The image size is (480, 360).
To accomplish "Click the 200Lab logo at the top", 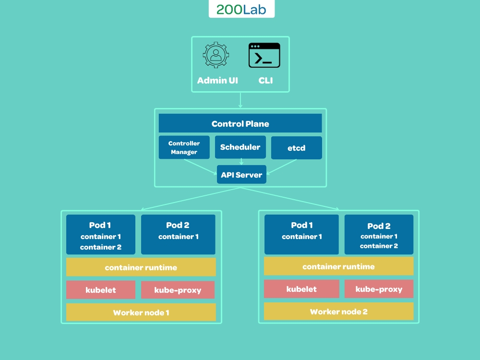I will [241, 10].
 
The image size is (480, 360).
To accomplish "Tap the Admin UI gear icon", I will [216, 55].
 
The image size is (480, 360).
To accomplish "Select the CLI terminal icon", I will [264, 56].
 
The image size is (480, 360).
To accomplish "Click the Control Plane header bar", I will [240, 123].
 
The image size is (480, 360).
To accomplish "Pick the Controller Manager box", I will [184, 147].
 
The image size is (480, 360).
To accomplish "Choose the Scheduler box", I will [240, 147].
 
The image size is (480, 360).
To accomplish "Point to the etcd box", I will [296, 148].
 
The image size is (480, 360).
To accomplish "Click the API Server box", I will [241, 175].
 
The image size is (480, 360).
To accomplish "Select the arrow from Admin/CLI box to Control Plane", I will [240, 100].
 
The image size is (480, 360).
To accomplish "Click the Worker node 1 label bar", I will [141, 312].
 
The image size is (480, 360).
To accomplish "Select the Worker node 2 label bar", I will [338, 312].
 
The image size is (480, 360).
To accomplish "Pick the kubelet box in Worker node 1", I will [101, 290].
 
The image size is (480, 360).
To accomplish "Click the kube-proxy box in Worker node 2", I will [379, 289].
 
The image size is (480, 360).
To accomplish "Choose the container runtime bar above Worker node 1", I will [141, 267].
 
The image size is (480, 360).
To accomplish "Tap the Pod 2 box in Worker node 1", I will [178, 234].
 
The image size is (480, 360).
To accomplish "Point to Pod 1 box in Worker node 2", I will [301, 234].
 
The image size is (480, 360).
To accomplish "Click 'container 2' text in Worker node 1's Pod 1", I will [101, 247].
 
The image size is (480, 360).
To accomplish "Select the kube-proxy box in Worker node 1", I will [178, 290].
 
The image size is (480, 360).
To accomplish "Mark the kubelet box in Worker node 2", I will [301, 289].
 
